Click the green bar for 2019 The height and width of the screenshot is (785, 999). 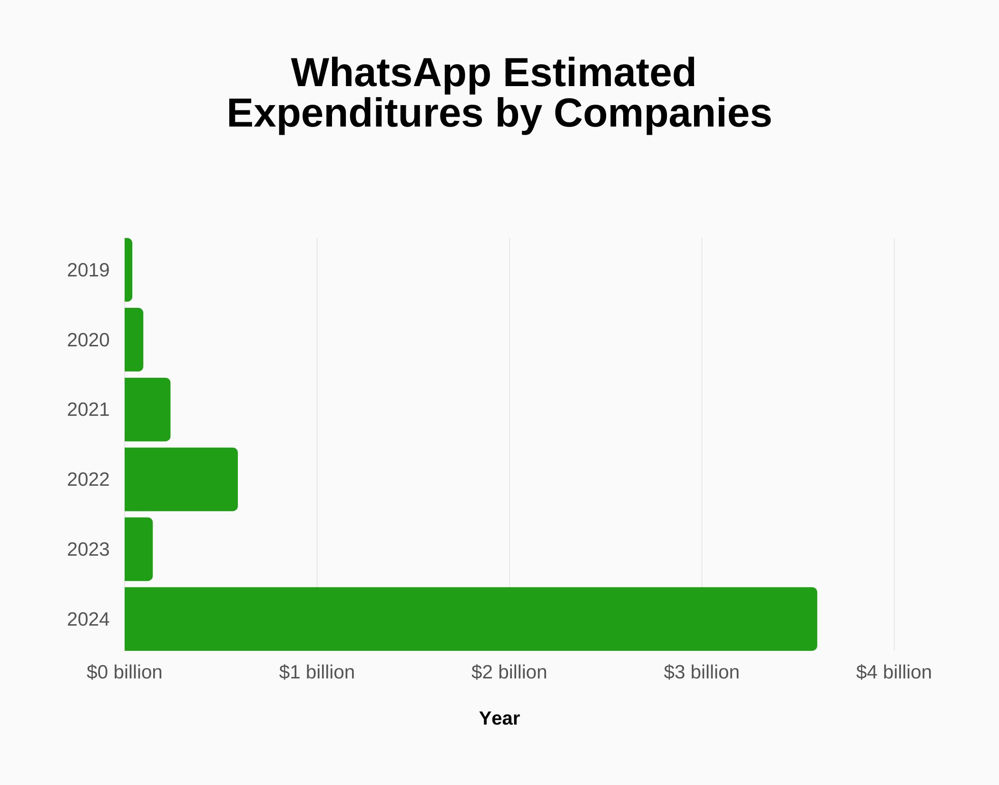click(x=128, y=270)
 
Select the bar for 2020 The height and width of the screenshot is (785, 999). click(x=134, y=340)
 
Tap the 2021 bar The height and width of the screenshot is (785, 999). click(x=147, y=410)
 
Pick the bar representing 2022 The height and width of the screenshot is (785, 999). click(x=181, y=480)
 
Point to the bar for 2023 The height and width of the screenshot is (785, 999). click(x=138, y=549)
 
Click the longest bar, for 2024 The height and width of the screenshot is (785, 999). click(x=471, y=619)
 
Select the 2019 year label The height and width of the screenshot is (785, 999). click(x=88, y=270)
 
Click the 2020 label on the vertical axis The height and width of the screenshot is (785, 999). click(x=88, y=340)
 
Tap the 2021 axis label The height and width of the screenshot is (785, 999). click(x=88, y=410)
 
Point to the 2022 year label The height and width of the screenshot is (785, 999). click(x=88, y=480)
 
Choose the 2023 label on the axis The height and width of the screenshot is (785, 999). click(x=88, y=549)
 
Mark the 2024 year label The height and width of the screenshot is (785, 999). click(x=88, y=619)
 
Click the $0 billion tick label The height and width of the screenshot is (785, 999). click(x=125, y=672)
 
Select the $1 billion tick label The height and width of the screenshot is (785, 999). click(x=317, y=672)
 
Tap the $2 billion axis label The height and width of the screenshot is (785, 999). click(x=509, y=672)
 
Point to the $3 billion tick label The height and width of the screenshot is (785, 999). click(x=702, y=672)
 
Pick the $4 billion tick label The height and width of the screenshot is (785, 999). click(x=894, y=672)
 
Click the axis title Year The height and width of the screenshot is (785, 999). click(x=499, y=718)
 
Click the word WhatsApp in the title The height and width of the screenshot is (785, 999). click(x=391, y=73)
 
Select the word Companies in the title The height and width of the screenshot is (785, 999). click(x=663, y=113)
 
